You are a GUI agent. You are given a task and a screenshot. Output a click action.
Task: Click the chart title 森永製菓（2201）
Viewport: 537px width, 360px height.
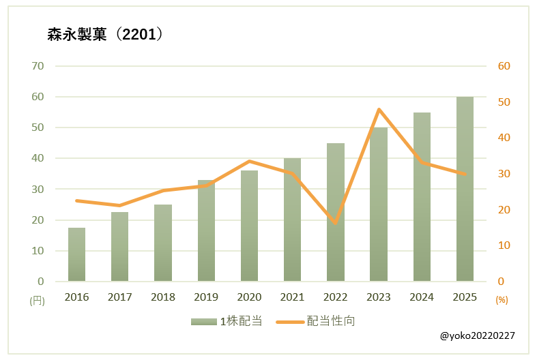105,35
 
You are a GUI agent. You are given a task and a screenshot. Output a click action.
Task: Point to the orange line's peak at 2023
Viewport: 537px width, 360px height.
379,109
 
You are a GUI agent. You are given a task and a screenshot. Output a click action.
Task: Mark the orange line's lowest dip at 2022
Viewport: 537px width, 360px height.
336,223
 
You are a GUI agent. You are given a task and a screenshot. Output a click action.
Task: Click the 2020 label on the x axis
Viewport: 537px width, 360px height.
249,297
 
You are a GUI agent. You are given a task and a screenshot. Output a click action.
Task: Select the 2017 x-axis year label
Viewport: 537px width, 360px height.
119,297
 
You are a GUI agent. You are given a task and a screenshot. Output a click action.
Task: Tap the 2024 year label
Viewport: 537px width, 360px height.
422,297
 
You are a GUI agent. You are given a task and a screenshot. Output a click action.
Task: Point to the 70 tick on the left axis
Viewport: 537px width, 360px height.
37,66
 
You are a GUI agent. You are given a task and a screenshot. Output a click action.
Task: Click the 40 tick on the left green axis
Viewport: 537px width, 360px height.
37,158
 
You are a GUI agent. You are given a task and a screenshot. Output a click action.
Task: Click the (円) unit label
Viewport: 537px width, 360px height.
36,299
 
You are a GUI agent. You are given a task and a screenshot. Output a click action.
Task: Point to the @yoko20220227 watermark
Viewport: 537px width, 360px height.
478,335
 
